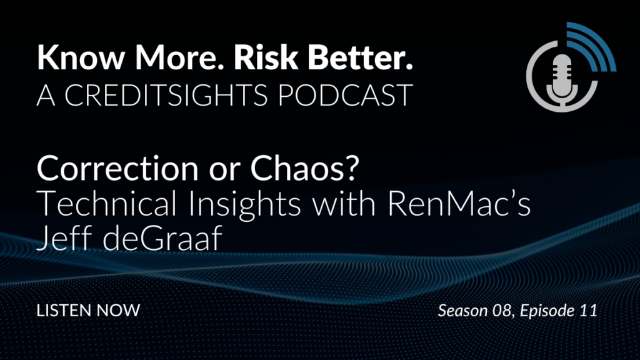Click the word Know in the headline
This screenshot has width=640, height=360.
tap(81, 57)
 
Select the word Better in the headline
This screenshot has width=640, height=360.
tap(361, 57)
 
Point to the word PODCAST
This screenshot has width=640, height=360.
tap(345, 95)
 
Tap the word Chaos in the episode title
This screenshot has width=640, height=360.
tap(304, 168)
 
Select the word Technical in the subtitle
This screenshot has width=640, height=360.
tap(107, 203)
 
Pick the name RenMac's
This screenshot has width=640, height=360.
tap(459, 203)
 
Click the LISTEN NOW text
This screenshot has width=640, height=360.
tap(88, 310)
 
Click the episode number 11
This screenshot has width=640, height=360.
tap(588, 311)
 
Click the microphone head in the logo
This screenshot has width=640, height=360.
tap(562, 69)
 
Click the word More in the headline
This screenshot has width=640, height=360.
tap(176, 57)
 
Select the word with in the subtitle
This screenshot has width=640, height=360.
tap(344, 203)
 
